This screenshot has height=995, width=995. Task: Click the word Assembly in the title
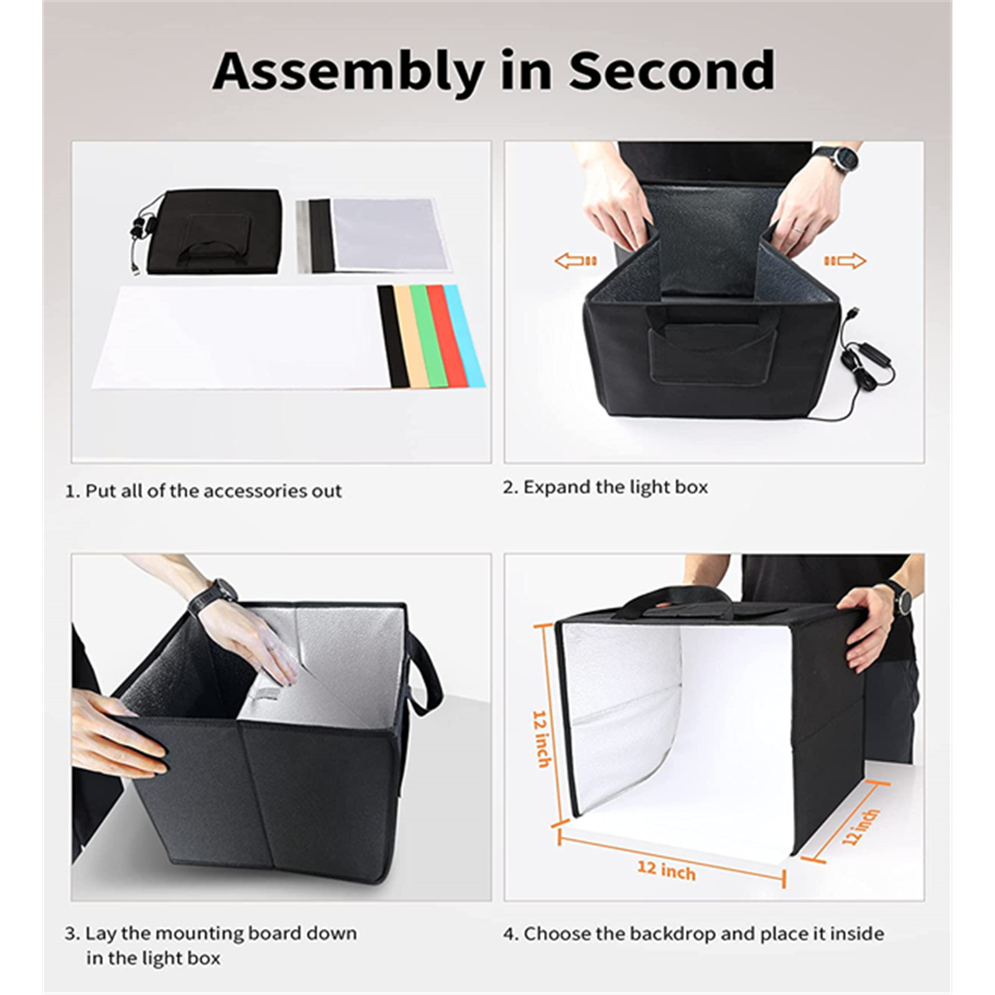348,72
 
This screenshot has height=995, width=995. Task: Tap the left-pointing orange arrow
576,261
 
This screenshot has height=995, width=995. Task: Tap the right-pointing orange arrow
845,261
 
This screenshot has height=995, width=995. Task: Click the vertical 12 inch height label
541,738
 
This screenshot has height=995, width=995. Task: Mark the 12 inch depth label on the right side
861,826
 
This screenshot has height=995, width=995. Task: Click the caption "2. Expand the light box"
605,487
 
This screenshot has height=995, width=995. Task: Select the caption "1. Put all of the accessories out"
203,491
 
